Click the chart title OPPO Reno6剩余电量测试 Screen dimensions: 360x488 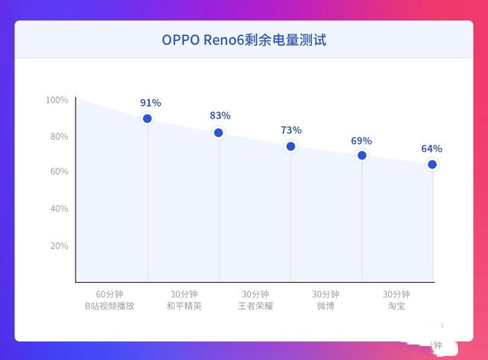[x=243, y=39]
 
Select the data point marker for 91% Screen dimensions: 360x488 [x=147, y=118]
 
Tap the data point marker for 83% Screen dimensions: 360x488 [x=219, y=133]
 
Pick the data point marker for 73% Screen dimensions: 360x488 [x=291, y=146]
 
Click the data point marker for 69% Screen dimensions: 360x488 [x=361, y=156]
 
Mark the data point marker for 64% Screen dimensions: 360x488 [x=432, y=165]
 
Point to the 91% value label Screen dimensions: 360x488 [x=150, y=101]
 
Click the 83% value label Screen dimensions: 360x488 [x=220, y=115]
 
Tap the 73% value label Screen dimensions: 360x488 [x=291, y=130]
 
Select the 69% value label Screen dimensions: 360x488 [x=361, y=140]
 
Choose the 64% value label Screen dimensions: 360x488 [x=432, y=149]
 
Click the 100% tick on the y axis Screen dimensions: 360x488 [x=57, y=100]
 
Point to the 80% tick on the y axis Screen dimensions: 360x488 [x=59, y=137]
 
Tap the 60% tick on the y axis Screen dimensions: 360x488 [x=59, y=172]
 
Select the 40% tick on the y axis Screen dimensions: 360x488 [x=59, y=208]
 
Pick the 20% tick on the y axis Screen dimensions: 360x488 [x=59, y=246]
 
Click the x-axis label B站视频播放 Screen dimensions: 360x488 [x=109, y=307]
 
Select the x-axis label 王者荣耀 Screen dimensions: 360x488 [x=255, y=307]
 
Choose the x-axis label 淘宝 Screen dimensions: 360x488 [x=396, y=307]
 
